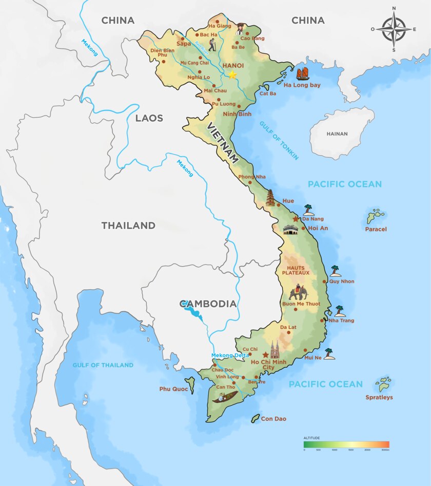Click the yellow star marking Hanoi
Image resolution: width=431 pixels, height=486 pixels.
coord(232,74)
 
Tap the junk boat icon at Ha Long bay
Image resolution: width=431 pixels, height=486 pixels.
coord(303,74)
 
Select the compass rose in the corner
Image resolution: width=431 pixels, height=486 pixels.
coord(394,29)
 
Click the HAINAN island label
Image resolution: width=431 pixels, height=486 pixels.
coord(337,134)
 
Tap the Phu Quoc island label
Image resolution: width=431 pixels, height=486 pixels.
coord(171,389)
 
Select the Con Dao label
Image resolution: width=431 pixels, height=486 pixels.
coord(273,419)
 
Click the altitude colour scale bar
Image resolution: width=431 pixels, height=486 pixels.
coord(346,444)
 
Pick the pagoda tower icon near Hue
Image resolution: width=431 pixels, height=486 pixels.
coord(270,197)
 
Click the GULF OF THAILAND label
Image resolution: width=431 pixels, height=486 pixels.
coord(103,365)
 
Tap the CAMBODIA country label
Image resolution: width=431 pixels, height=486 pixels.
coord(208,304)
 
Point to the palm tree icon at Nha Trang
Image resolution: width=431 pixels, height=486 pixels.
coord(340,311)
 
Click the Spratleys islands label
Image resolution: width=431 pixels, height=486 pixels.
coord(379,397)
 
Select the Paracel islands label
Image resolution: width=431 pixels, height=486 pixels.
coord(376,229)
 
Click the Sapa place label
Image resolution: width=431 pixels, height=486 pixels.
coord(183,44)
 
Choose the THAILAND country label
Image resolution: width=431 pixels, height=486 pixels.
coord(128,225)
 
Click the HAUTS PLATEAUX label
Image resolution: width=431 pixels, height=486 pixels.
coord(296,270)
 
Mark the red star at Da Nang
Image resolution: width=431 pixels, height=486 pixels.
coord(295,219)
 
